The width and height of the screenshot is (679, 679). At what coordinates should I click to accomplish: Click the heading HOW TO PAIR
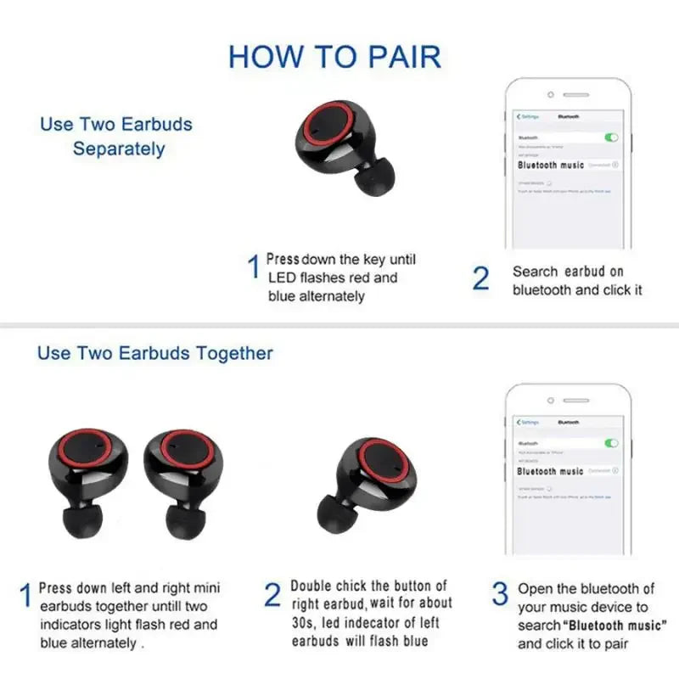334,57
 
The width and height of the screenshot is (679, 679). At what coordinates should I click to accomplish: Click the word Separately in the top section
118,149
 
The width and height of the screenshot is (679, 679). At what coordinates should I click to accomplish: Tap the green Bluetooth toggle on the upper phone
611,137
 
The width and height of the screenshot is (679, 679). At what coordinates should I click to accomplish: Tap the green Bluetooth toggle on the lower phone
611,443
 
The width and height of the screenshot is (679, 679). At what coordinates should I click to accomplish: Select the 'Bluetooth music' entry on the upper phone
551,165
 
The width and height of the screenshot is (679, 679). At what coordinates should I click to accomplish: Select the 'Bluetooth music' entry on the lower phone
550,471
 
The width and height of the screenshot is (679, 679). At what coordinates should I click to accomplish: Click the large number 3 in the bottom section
501,594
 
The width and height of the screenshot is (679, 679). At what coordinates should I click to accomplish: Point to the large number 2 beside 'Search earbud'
480,278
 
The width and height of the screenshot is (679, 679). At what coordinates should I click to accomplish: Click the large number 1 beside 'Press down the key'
252,268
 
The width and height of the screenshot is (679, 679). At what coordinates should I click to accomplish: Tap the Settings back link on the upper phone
528,115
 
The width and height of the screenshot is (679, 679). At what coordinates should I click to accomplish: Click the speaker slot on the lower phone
570,400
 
